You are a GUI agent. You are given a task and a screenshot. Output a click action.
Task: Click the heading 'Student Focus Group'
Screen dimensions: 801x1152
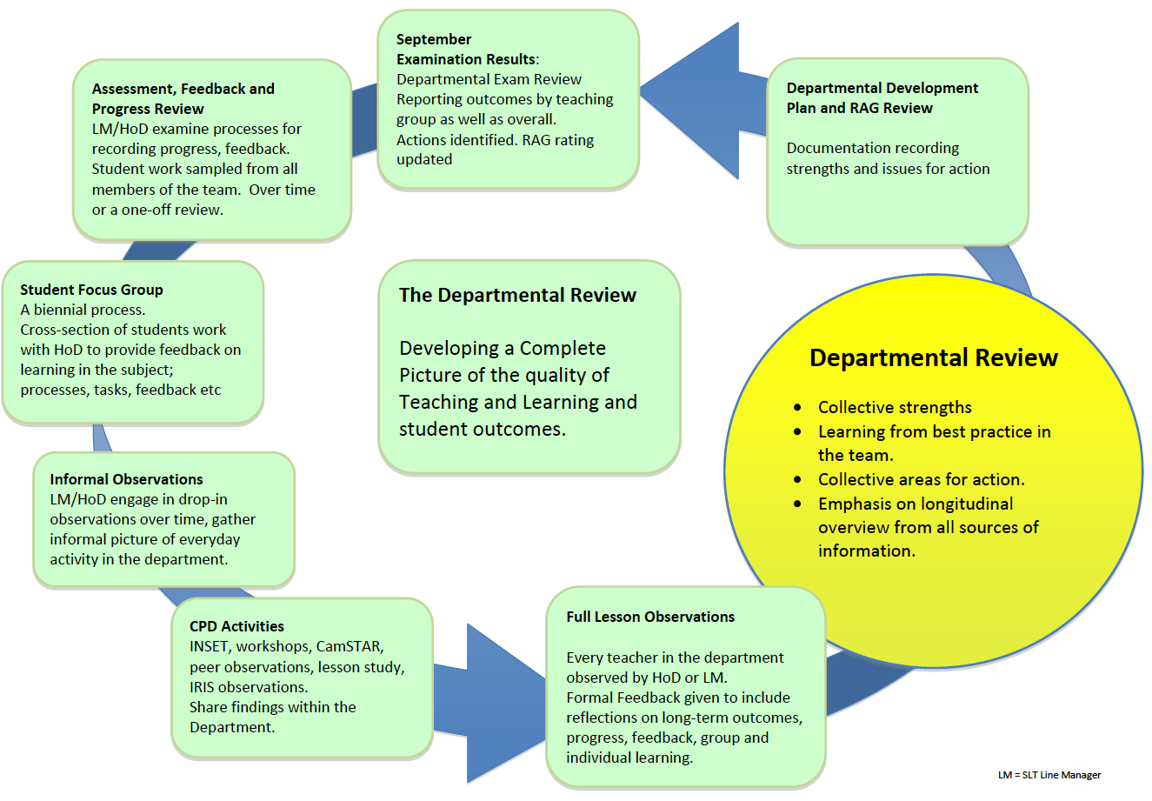point(91,290)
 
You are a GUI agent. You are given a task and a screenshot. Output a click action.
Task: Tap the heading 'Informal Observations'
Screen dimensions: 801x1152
point(126,479)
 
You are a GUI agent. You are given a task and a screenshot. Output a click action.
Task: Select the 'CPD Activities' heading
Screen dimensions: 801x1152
point(236,626)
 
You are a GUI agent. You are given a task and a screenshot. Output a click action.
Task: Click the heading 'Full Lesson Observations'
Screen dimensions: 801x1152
point(650,617)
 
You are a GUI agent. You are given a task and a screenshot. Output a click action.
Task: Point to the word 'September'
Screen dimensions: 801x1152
point(434,39)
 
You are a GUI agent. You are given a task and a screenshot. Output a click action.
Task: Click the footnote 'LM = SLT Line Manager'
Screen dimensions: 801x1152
point(1049,775)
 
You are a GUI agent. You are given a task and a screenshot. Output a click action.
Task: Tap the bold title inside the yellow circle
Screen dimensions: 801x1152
point(933,358)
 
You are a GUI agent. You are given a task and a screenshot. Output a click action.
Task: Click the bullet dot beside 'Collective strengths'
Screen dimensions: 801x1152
point(798,408)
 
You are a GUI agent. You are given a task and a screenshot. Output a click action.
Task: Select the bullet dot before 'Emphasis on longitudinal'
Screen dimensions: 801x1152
point(798,504)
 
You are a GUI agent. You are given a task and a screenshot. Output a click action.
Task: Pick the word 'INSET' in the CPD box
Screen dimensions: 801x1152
point(209,646)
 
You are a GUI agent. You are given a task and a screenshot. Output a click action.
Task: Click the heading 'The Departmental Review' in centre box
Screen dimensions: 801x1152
point(517,296)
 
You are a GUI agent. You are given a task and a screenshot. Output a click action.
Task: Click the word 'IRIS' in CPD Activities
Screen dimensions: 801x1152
point(203,687)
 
